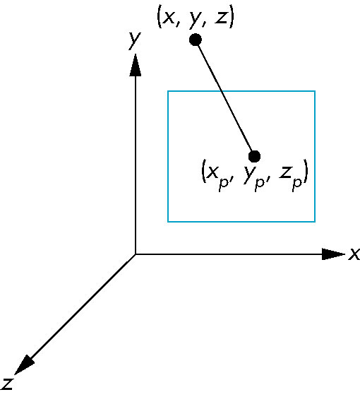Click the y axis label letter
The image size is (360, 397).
tap(134, 41)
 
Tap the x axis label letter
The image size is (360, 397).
tap(354, 254)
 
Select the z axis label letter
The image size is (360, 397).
tap(7, 384)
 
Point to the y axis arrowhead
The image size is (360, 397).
tap(136, 65)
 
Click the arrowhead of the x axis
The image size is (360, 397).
tap(333, 254)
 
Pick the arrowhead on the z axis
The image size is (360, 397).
tap(24, 365)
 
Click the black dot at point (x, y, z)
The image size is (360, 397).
tap(196, 40)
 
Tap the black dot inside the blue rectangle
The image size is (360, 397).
tap(254, 156)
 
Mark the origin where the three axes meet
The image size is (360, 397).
tap(136, 254)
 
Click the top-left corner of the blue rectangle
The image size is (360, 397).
tap(168, 91)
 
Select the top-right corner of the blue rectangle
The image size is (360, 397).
tap(315, 91)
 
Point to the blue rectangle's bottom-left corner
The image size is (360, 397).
tap(168, 222)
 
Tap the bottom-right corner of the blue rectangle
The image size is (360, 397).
tap(315, 222)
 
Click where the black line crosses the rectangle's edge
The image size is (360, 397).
tap(222, 91)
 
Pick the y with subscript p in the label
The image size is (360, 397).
tap(253, 178)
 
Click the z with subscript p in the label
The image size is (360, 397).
tap(291, 177)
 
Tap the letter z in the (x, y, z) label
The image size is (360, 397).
tap(221, 18)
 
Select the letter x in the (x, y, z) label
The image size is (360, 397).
tap(169, 18)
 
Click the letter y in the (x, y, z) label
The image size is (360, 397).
tap(195, 20)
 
